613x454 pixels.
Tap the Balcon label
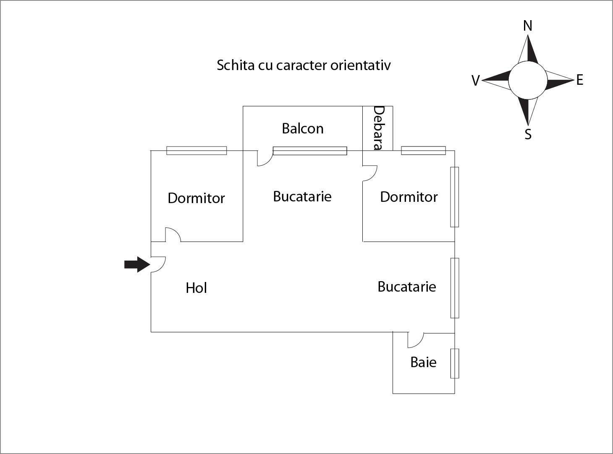(x=303, y=128)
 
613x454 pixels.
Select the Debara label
(x=378, y=128)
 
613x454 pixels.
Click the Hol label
(x=196, y=288)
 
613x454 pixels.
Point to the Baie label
(x=423, y=362)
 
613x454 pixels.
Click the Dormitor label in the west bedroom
(x=196, y=198)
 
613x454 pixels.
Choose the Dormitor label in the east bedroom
(x=409, y=197)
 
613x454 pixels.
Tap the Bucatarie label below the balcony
(x=302, y=196)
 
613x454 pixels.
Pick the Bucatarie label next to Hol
(x=406, y=287)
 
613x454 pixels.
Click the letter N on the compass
(x=528, y=26)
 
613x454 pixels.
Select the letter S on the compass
(x=528, y=134)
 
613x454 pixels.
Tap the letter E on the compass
(x=580, y=80)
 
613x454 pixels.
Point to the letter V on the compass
(x=475, y=81)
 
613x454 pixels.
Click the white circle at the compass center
(x=528, y=80)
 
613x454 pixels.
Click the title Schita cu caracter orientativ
(x=304, y=65)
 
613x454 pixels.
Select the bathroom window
(x=455, y=363)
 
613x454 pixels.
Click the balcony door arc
(x=265, y=159)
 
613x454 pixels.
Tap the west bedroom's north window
(x=196, y=151)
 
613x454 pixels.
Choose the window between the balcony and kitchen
(x=310, y=151)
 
